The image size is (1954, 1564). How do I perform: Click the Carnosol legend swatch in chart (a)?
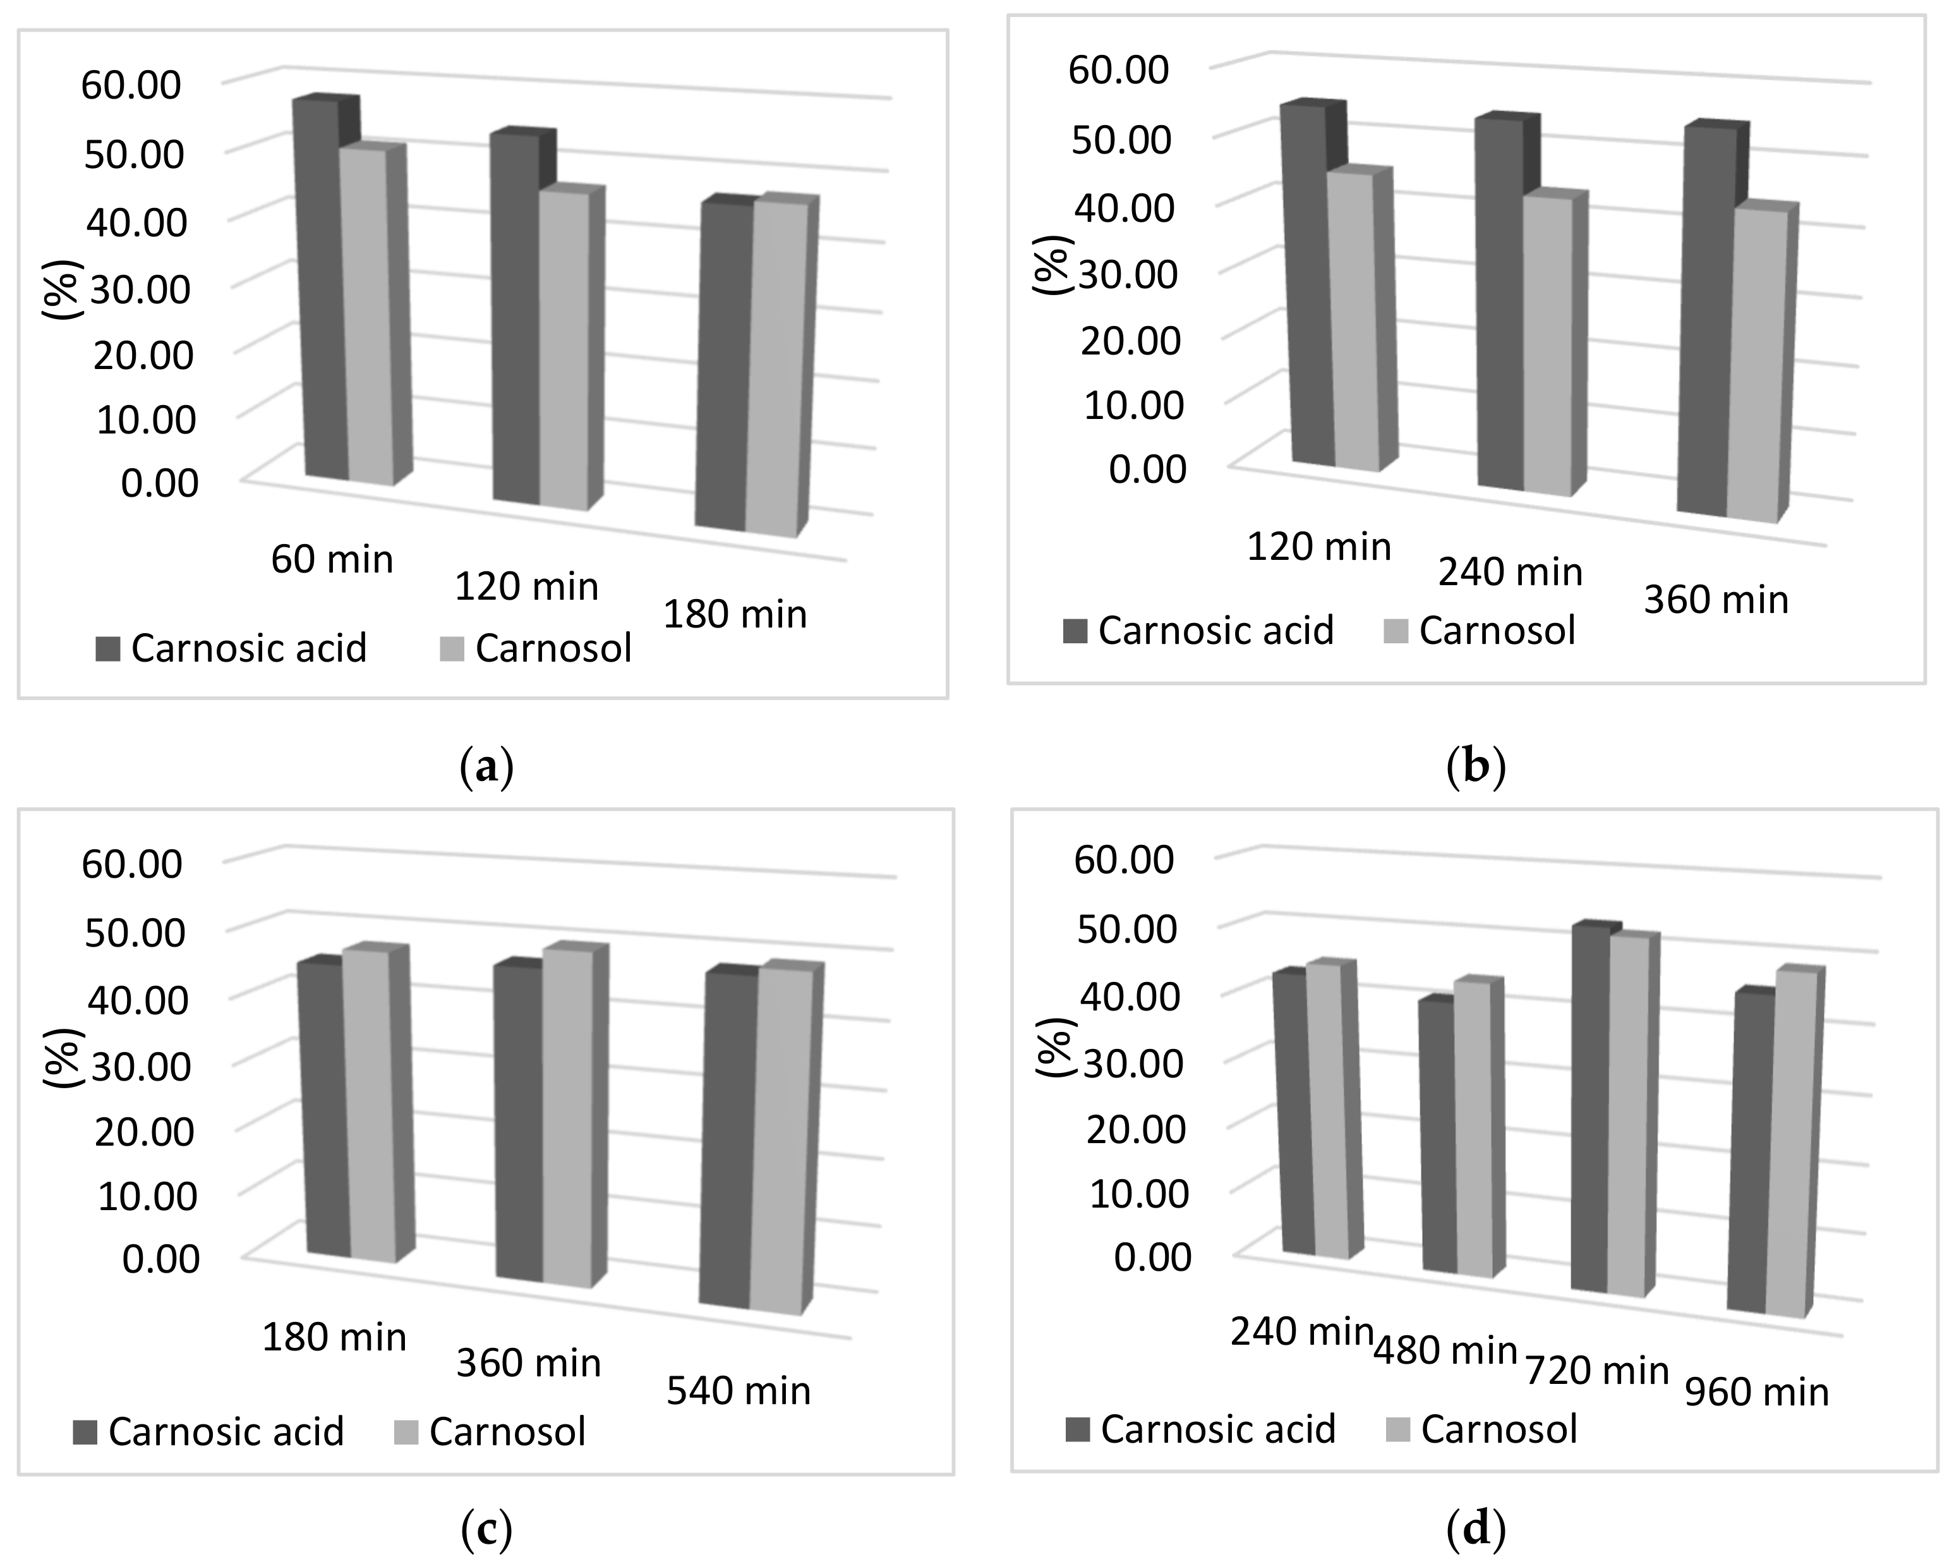451,649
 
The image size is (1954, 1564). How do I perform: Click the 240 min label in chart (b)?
1510,572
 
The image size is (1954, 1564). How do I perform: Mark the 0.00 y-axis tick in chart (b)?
1147,470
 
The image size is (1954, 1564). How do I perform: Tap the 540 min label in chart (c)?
738,1391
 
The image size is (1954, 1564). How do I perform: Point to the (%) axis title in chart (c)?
62,1057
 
